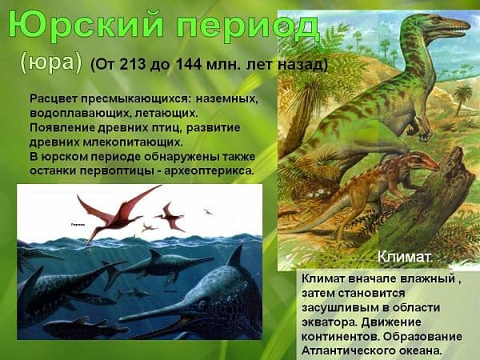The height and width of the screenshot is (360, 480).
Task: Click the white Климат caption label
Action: [x=405, y=258]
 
